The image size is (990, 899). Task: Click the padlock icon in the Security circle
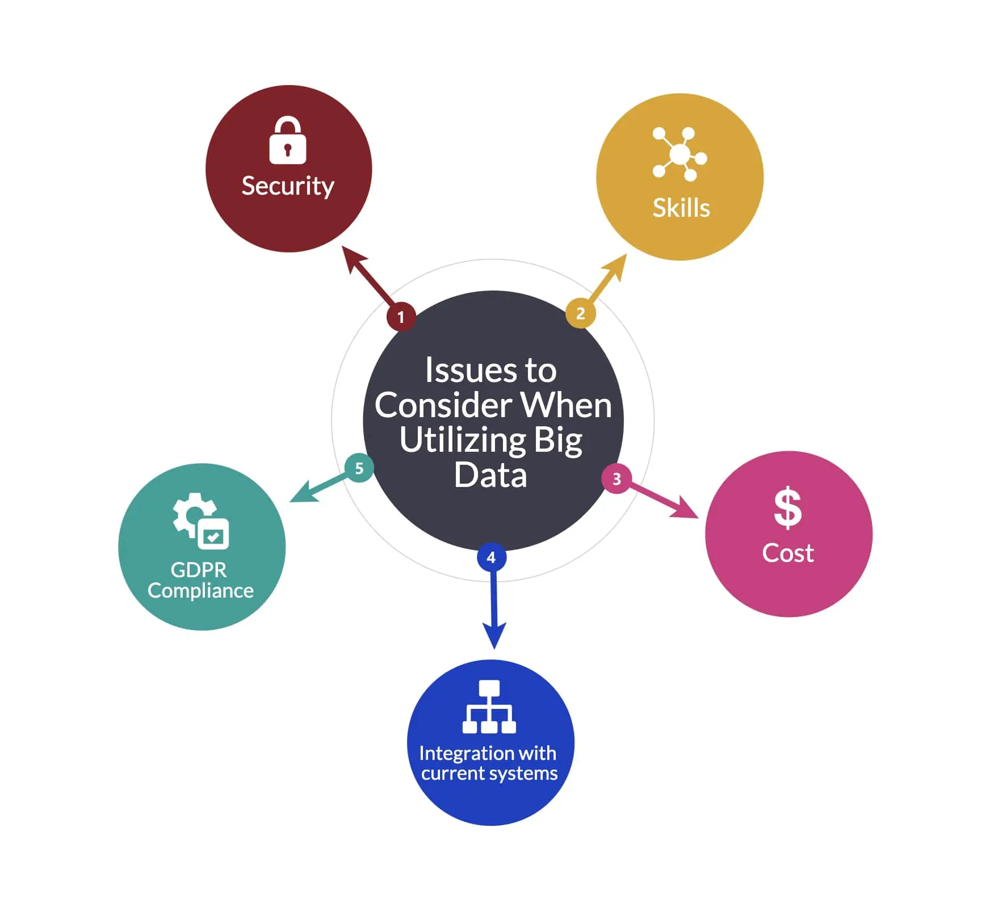[x=287, y=142]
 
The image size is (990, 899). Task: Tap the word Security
[x=288, y=186]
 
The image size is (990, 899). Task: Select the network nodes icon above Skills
[x=679, y=154]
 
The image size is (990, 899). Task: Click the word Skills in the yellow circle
[x=681, y=208]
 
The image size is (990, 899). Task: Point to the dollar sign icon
[x=788, y=508]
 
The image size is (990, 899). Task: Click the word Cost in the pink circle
[x=788, y=553]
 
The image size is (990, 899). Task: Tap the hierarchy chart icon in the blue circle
[x=489, y=707]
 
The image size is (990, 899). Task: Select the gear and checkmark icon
[x=202, y=521]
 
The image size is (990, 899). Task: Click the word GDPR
[x=199, y=570]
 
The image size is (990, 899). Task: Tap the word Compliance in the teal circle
[x=200, y=591]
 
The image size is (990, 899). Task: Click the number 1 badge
[x=401, y=317]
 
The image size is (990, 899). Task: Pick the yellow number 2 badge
[x=580, y=313]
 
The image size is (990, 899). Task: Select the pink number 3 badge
[x=616, y=479]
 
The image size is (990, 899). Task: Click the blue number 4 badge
[x=492, y=557]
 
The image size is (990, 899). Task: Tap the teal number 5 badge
[x=359, y=468]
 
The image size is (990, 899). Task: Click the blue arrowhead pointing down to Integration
[x=494, y=635]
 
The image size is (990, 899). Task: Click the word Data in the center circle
[x=490, y=475]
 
